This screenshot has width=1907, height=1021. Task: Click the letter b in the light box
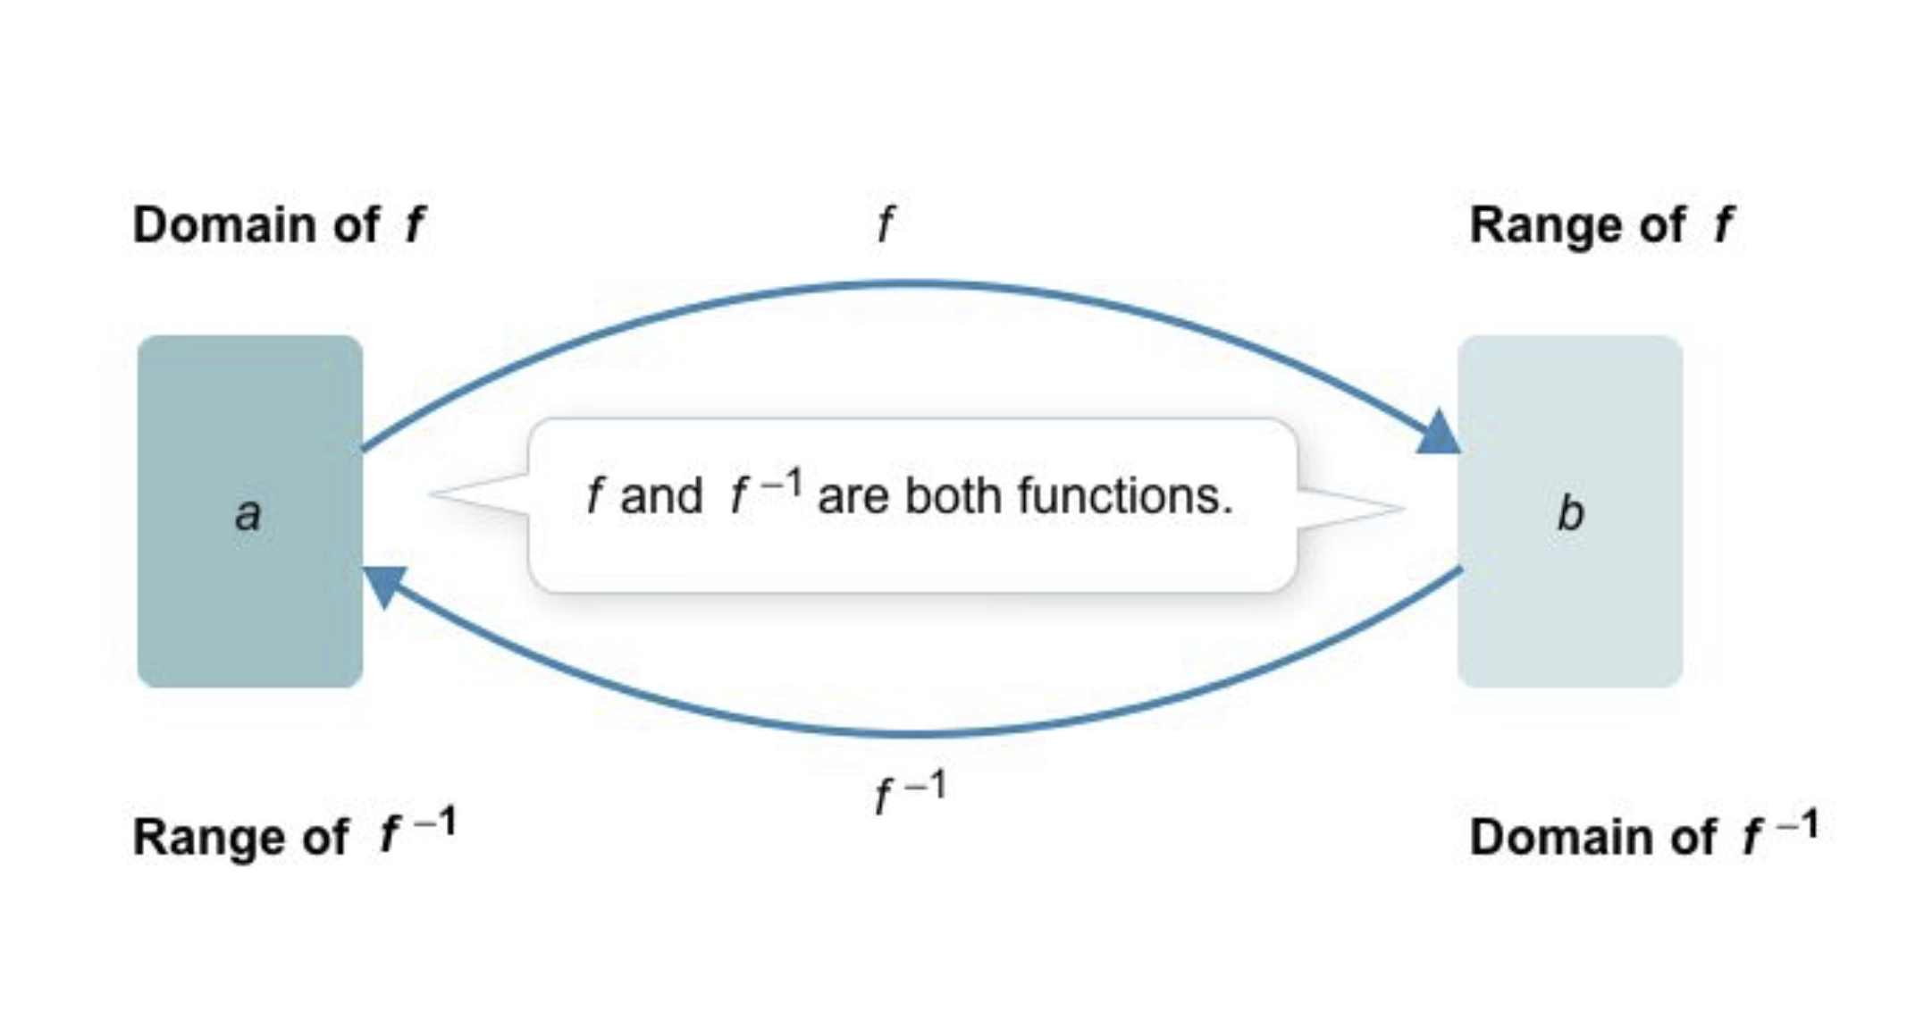(1570, 513)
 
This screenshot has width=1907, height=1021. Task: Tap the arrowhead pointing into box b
(1438, 434)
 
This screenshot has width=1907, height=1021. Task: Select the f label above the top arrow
(885, 224)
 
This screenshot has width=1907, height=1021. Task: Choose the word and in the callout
(661, 496)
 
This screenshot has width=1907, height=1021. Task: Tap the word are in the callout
(853, 496)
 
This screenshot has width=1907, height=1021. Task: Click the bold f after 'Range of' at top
(1722, 224)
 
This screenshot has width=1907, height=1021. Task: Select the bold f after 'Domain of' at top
(414, 224)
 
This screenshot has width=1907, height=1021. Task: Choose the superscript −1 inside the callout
(781, 483)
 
